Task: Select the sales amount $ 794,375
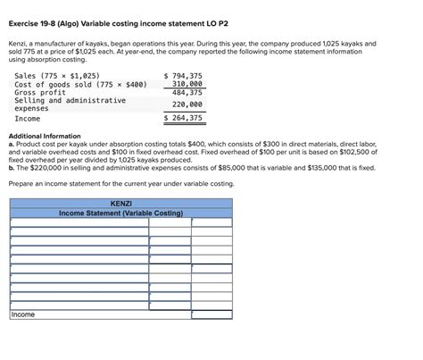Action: pos(184,76)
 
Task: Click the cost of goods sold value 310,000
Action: pos(187,84)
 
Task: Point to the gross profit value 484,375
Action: pos(187,92)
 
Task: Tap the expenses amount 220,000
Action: pos(187,105)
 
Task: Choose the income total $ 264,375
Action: pos(184,118)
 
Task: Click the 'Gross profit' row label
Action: pos(39,92)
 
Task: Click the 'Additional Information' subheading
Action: pos(46,136)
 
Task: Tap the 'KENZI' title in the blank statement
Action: pos(120,204)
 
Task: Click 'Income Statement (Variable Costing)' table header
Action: pos(120,213)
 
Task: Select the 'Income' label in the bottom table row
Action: pos(23,314)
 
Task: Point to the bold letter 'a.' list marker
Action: pos(11,144)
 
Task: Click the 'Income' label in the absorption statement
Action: pos(27,118)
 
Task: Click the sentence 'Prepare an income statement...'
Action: pos(120,183)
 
